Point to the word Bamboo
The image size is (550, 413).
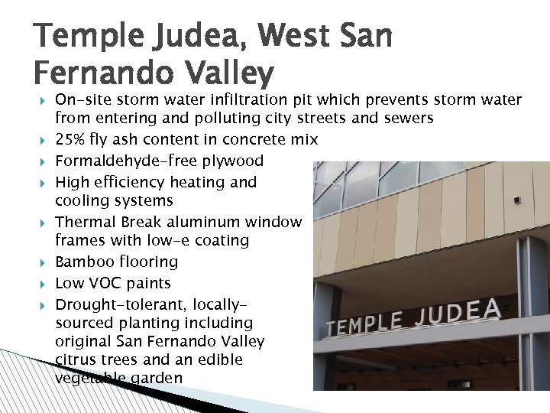[x=86, y=262]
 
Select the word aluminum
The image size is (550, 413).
[x=203, y=223]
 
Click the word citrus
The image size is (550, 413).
[x=75, y=359]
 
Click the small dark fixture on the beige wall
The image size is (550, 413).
[x=517, y=200]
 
